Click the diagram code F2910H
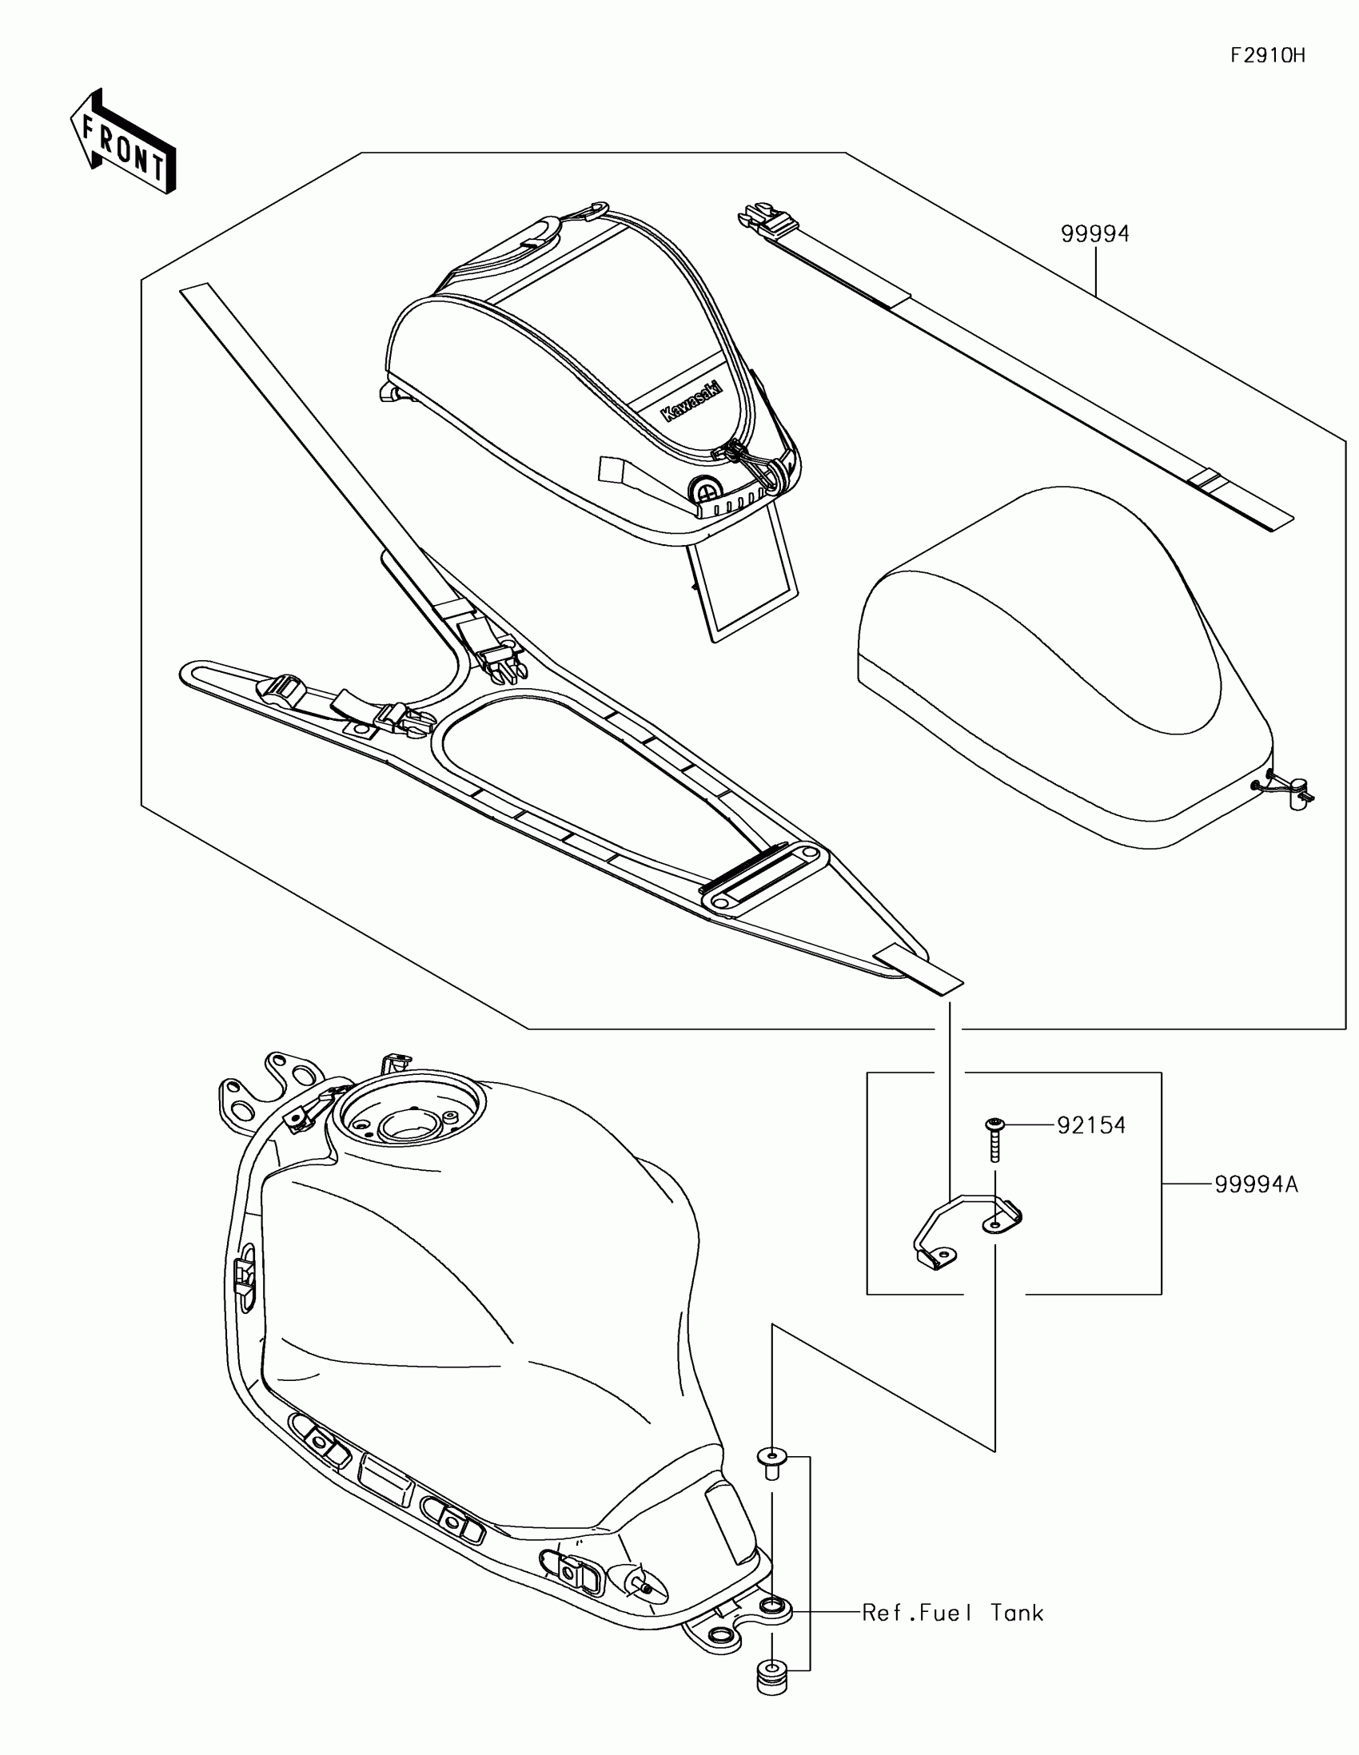point(1267,55)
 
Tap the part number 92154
point(1090,1125)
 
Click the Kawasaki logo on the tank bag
point(691,401)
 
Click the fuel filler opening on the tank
point(411,1114)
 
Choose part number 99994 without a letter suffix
point(1094,234)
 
